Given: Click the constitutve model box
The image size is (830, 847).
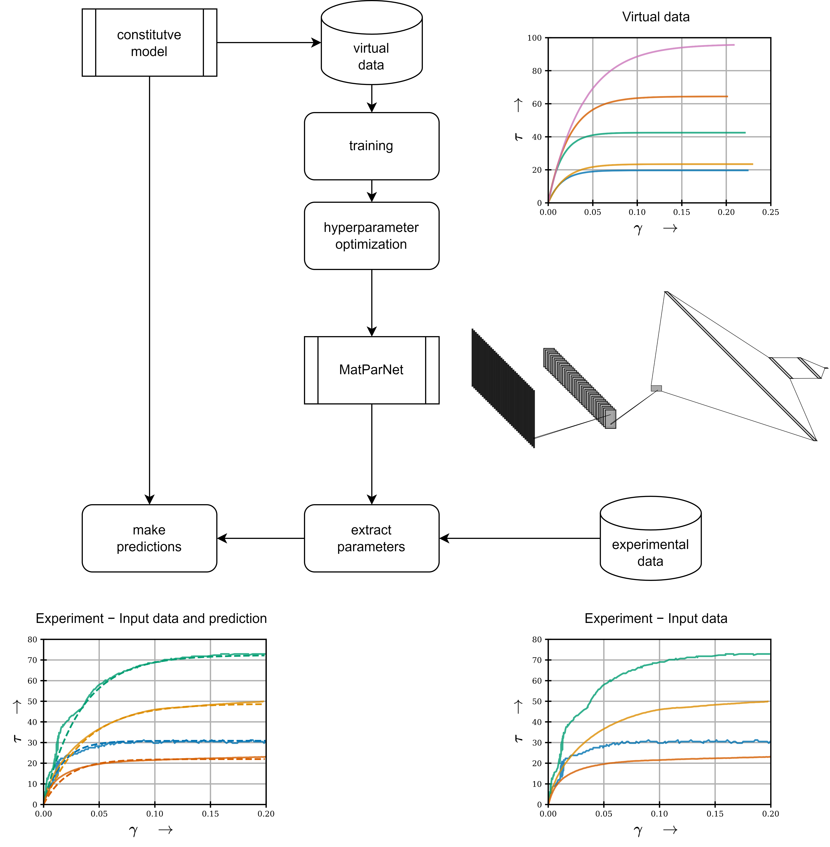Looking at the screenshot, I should pyautogui.click(x=149, y=43).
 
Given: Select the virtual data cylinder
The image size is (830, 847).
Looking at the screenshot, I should pyautogui.click(x=371, y=48).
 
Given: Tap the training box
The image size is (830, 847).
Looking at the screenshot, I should pyautogui.click(x=371, y=146).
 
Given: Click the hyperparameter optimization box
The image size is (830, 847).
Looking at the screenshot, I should pyautogui.click(x=371, y=236).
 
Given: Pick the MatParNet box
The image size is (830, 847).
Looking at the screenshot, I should pyautogui.click(x=371, y=370).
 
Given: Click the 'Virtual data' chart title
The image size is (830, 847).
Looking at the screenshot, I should pyautogui.click(x=656, y=17).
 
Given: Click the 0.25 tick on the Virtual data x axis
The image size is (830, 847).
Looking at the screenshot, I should pyautogui.click(x=770, y=212).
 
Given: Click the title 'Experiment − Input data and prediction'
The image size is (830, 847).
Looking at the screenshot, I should pyautogui.click(x=151, y=618).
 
